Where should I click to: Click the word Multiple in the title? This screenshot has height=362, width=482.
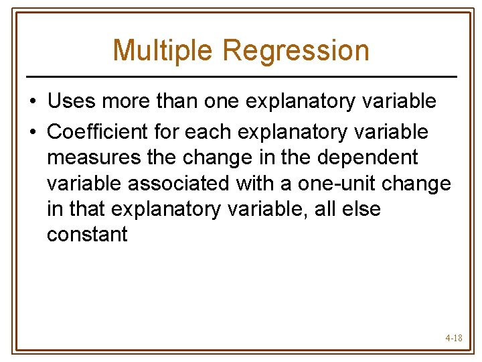point(163,50)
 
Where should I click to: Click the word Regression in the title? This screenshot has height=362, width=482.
point(296,50)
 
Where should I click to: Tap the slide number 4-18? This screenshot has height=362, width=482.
point(453,339)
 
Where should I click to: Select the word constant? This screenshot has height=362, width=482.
point(87,235)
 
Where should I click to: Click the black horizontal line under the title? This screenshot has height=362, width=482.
point(241,76)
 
